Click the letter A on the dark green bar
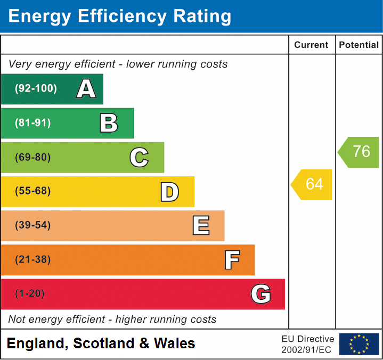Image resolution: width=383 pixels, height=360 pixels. pyautogui.click(x=86, y=89)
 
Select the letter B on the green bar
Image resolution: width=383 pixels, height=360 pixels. pyautogui.click(x=109, y=123)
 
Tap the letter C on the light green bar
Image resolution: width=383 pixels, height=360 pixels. pyautogui.click(x=139, y=158)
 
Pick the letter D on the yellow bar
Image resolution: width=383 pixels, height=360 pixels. pyautogui.click(x=169, y=192)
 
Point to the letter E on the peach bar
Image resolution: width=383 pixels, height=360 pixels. pyautogui.click(x=200, y=226)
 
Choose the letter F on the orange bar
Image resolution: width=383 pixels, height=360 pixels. pyautogui.click(x=231, y=260)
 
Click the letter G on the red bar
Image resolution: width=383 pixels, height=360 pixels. pyautogui.click(x=260, y=294)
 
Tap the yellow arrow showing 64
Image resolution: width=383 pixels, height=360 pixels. pyautogui.click(x=312, y=184)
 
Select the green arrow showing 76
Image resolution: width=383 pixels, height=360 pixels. pyautogui.click(x=360, y=152)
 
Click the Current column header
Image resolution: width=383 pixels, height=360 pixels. pyautogui.click(x=312, y=45)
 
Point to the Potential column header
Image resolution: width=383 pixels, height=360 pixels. pyautogui.click(x=358, y=45)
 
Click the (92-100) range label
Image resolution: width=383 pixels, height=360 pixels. pyautogui.click(x=36, y=89)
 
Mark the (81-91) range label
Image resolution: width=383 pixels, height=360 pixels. pyautogui.click(x=33, y=123)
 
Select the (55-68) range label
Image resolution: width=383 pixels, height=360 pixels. pyautogui.click(x=33, y=191)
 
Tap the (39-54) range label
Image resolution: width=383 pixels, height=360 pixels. pyautogui.click(x=33, y=225)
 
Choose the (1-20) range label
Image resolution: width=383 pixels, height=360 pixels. pyautogui.click(x=30, y=293)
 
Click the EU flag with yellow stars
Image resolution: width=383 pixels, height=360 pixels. pyautogui.click(x=358, y=344)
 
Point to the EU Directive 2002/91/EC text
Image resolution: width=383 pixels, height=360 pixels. pyautogui.click(x=307, y=344)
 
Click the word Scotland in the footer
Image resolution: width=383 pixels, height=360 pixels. pyautogui.click(x=103, y=343)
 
